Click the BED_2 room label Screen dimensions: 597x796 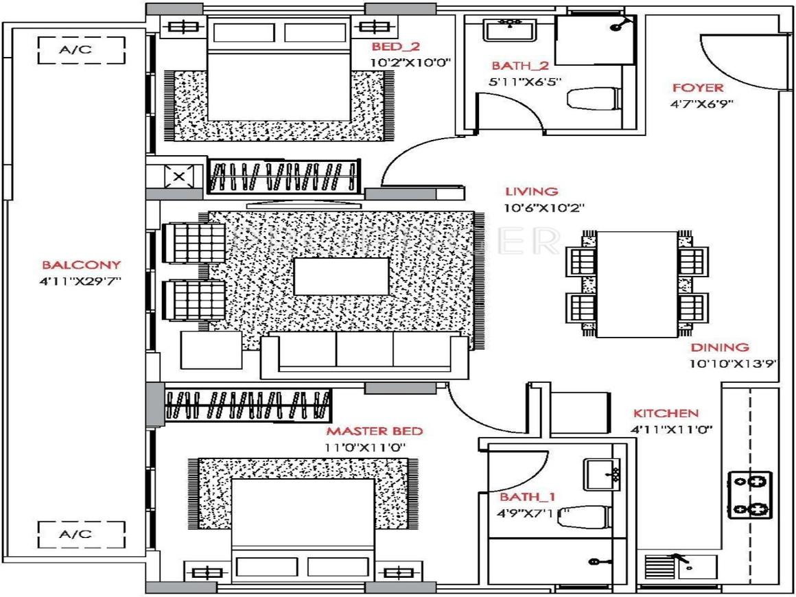(x=395, y=47)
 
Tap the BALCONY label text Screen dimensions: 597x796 (x=82, y=264)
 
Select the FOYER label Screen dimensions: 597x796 (x=697, y=88)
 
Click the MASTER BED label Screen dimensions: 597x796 (x=374, y=432)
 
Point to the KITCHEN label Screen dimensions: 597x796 (x=666, y=413)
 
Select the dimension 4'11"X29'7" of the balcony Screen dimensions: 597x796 (x=82, y=280)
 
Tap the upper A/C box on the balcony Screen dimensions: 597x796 (x=82, y=50)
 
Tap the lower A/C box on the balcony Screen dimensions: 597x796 (x=82, y=535)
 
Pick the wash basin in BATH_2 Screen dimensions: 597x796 (x=510, y=31)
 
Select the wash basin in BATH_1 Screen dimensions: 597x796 (x=602, y=474)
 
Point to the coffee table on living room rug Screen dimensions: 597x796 (x=341, y=277)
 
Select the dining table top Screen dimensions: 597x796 (x=637, y=283)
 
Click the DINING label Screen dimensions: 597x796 (x=720, y=348)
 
